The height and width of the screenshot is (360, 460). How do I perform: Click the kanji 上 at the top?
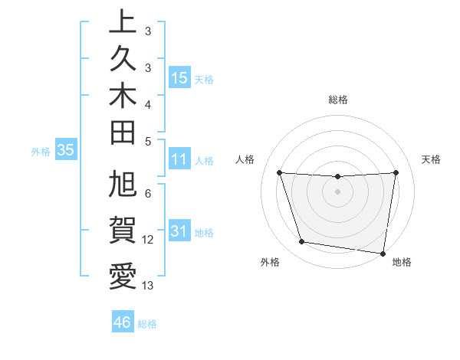pyautogui.click(x=123, y=23)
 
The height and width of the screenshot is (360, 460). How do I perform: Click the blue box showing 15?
pyautogui.click(x=179, y=78)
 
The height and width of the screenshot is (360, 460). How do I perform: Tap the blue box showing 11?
pyautogui.click(x=179, y=160)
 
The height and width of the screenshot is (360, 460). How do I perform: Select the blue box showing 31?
pyautogui.click(x=179, y=232)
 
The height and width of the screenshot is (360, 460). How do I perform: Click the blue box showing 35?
pyautogui.click(x=66, y=150)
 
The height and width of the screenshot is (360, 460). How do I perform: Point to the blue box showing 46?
pyautogui.click(x=122, y=322)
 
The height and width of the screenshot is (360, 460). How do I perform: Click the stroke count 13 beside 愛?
pyautogui.click(x=148, y=286)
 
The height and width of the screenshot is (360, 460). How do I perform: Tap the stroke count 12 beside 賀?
pyautogui.click(x=148, y=240)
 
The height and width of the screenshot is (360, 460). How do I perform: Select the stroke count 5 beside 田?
pyautogui.click(x=148, y=141)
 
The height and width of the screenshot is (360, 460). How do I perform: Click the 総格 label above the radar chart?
pyautogui.click(x=337, y=100)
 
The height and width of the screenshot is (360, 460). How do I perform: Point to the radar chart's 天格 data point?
pyautogui.click(x=396, y=172)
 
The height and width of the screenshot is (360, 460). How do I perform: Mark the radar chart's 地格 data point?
pyautogui.click(x=384, y=253)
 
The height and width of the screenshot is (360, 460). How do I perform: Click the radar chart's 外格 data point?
pyautogui.click(x=301, y=242)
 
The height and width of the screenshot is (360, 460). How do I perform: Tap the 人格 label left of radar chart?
pyautogui.click(x=245, y=159)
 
